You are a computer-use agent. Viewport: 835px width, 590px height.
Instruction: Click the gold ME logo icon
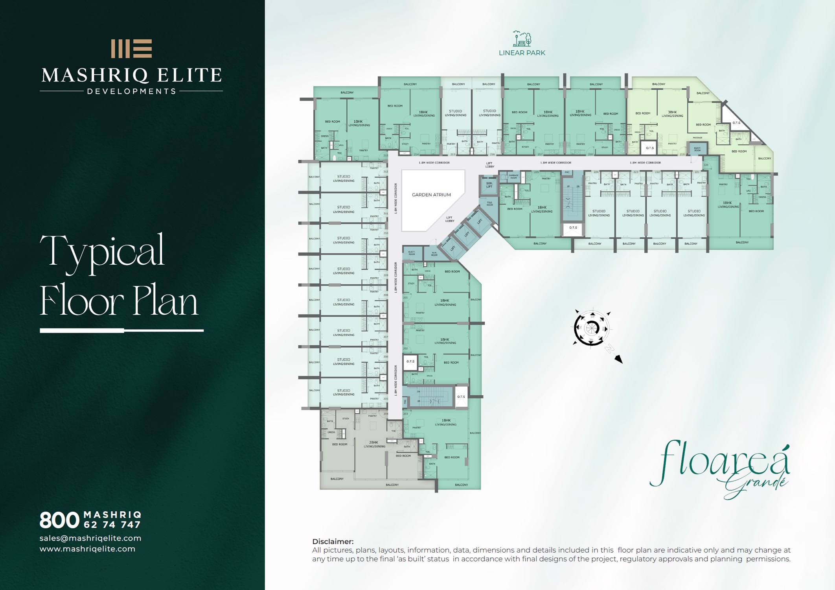(131, 49)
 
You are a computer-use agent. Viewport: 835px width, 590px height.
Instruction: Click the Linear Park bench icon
(522, 39)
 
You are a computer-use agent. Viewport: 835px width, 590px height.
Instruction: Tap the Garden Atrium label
(431, 195)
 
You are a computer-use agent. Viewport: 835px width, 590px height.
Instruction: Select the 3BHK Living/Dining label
(673, 114)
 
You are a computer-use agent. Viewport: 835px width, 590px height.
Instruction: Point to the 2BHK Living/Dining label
(374, 444)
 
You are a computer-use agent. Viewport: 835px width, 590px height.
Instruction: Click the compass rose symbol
(591, 328)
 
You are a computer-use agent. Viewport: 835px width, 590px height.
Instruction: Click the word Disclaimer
(333, 541)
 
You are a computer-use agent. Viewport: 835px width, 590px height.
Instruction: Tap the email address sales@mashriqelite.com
(90, 538)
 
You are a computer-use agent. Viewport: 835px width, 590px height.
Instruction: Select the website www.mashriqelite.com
(87, 549)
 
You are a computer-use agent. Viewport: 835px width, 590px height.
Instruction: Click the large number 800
(59, 520)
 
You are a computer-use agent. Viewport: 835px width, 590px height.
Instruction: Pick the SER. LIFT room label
(489, 185)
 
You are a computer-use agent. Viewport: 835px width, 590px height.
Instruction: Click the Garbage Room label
(513, 177)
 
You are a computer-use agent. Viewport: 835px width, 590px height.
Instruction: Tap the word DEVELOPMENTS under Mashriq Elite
(131, 91)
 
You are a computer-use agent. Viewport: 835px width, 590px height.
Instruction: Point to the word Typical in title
(102, 252)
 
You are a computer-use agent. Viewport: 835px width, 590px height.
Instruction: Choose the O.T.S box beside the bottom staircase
(461, 396)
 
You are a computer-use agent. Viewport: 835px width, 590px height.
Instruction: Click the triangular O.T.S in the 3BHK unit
(736, 123)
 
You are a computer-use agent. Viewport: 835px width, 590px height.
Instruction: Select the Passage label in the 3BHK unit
(697, 138)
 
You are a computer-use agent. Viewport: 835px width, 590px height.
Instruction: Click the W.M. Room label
(434, 254)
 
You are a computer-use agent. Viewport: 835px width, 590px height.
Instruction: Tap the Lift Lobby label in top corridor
(489, 165)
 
